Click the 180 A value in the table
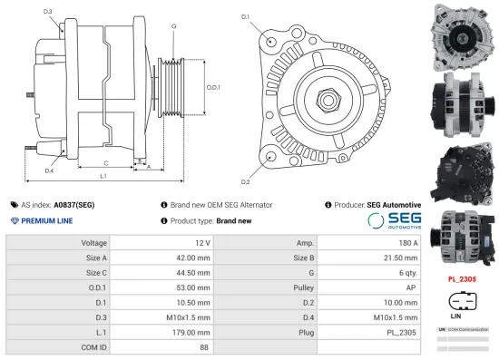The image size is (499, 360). coord(408,243)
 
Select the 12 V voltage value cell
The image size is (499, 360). coord(201,243)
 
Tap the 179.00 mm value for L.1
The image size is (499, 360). coord(192,331)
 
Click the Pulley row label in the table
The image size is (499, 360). coord(305,287)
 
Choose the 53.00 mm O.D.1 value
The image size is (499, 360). coord(193,287)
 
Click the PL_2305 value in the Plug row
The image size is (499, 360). coord(403,331)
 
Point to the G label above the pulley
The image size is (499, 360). coord(173,26)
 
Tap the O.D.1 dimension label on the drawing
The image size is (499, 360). coord(213,87)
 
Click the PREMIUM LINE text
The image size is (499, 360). coord(43,220)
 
